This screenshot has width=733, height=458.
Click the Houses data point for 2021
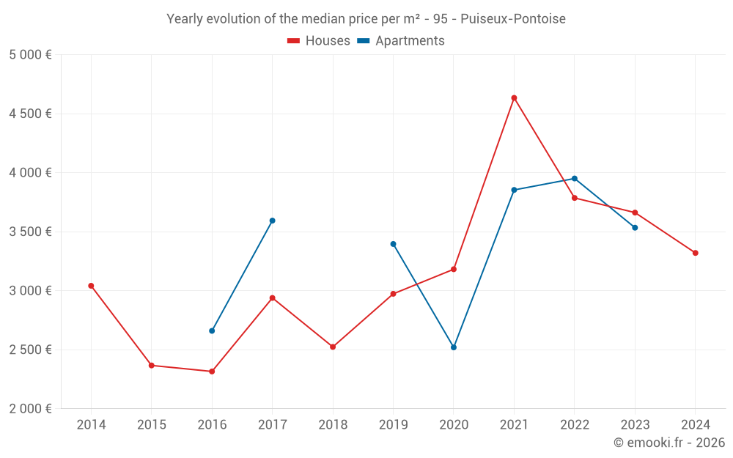[x=514, y=97]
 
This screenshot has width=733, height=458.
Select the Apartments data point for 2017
[x=272, y=221]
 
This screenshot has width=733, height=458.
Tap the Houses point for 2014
[x=91, y=286]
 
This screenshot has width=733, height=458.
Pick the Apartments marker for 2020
[x=454, y=347]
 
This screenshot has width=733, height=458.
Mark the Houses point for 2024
[x=695, y=253]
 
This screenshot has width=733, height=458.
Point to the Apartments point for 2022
[x=575, y=178]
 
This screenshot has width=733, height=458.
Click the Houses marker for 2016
[x=212, y=372]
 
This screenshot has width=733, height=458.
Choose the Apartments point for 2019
[x=393, y=244]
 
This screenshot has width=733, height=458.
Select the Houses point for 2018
[x=333, y=347]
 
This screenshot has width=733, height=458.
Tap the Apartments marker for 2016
[x=212, y=330]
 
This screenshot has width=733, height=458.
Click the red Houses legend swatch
[x=294, y=41]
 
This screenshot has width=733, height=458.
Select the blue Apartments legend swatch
[x=363, y=41]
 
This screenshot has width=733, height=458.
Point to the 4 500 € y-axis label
[x=30, y=114]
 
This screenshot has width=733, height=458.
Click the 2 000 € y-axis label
[x=30, y=408]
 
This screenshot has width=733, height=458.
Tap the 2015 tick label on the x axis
[x=152, y=425]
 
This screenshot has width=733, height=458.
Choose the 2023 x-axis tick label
[x=635, y=425]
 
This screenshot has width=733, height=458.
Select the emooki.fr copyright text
[x=669, y=443]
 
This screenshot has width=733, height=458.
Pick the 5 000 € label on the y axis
[x=30, y=55]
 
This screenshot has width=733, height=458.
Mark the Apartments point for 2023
[x=635, y=227]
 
